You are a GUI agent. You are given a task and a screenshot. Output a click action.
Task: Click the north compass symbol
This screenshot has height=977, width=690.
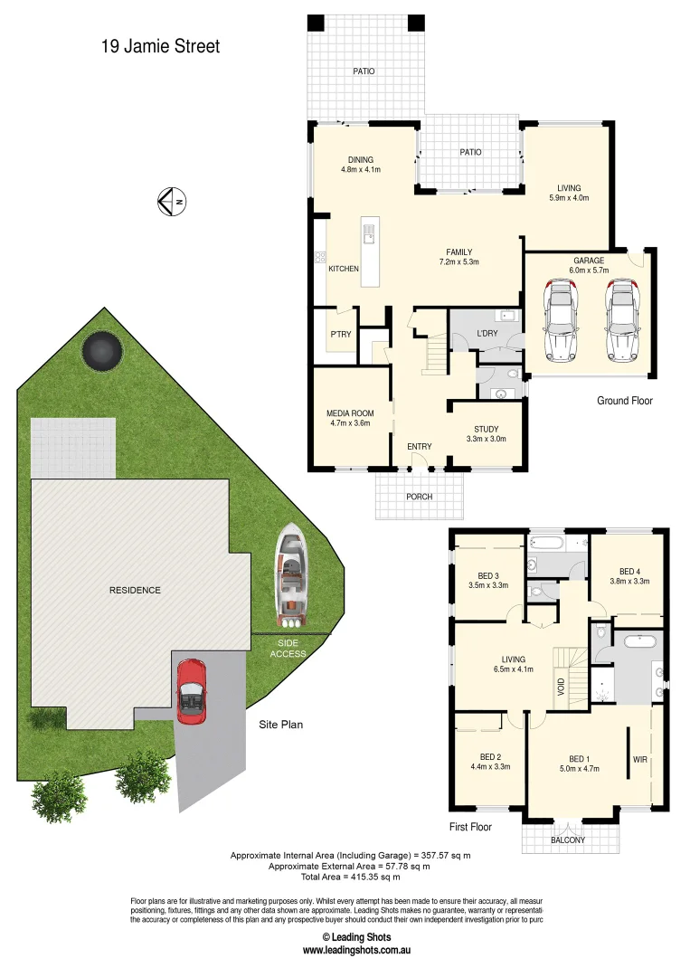pyautogui.click(x=172, y=201)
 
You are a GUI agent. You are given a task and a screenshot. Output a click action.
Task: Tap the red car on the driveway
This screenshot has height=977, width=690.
pyautogui.click(x=192, y=691)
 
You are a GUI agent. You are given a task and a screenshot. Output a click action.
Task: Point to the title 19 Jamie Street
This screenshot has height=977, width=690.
pyautogui.click(x=160, y=46)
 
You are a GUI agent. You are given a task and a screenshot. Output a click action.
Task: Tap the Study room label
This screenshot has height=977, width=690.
pyautogui.click(x=486, y=430)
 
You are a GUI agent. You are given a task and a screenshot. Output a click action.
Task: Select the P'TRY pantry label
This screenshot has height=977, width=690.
pyautogui.click(x=340, y=334)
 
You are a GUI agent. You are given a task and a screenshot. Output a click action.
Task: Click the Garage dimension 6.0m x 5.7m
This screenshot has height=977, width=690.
pyautogui.click(x=588, y=270)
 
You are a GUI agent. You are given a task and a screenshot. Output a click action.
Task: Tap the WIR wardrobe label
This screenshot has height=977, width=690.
pyautogui.click(x=640, y=759)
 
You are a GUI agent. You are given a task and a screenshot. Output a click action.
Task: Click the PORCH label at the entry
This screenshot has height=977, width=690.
pyautogui.click(x=420, y=497)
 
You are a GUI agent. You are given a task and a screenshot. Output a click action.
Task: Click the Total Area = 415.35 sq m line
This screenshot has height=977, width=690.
pyautogui.click(x=351, y=877)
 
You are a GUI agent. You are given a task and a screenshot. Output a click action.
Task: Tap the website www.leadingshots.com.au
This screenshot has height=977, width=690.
pyautogui.click(x=357, y=951)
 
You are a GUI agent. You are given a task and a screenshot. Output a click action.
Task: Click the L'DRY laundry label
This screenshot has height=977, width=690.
pyautogui.click(x=488, y=335)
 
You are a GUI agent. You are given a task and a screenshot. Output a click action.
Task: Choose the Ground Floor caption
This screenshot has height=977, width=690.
pyautogui.click(x=624, y=401)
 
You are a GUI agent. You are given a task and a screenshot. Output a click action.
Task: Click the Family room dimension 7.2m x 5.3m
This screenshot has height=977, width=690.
pyautogui.click(x=458, y=262)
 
